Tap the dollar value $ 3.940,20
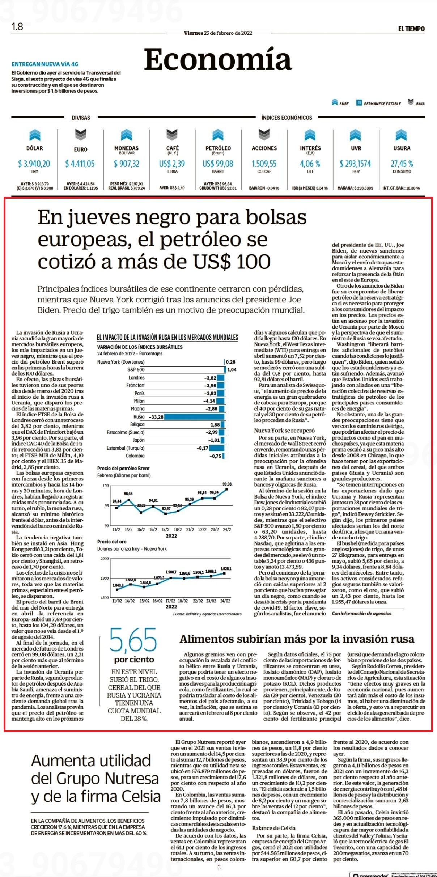(34, 164)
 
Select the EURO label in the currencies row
(81, 149)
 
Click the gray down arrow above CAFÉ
(172, 135)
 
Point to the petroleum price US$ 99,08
(218, 164)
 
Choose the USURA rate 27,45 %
(402, 164)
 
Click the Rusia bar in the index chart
(194, 417)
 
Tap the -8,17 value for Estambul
(203, 448)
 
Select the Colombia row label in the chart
(135, 456)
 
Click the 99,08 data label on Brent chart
(227, 484)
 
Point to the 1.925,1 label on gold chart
(226, 569)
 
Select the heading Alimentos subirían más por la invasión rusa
(297, 639)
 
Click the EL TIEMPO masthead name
(411, 29)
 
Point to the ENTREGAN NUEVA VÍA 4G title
(45, 64)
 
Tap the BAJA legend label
(420, 104)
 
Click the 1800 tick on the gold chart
(105, 598)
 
